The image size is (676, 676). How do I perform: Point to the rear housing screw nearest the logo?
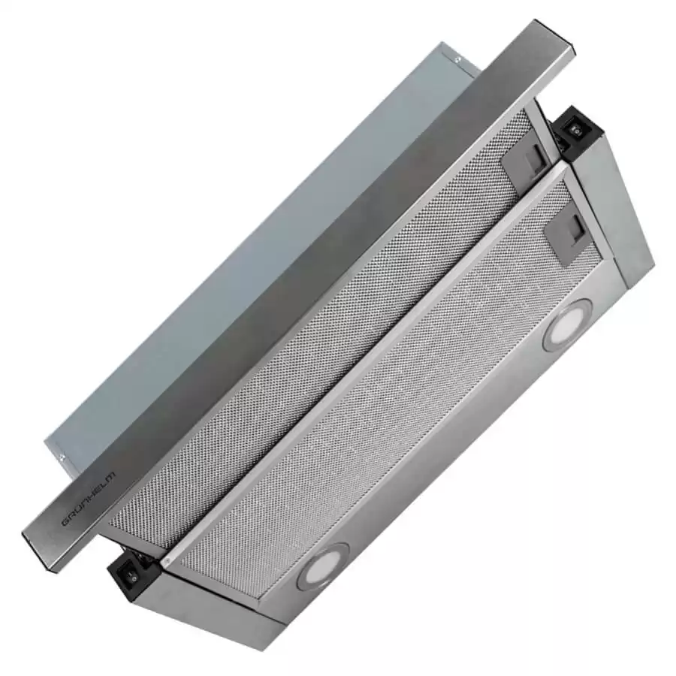[63, 458]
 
